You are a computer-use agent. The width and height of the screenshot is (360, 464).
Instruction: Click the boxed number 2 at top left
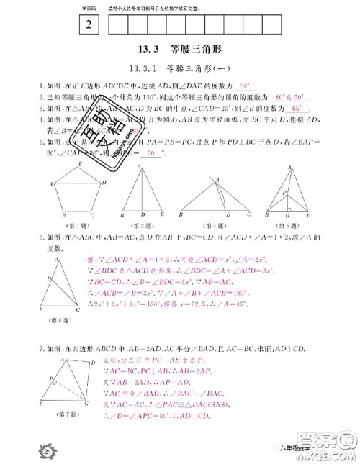89,23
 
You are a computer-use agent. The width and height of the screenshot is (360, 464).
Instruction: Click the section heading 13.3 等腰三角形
180,50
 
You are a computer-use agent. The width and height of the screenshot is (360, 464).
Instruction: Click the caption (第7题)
69,414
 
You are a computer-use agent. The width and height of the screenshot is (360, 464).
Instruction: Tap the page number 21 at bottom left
29,449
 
